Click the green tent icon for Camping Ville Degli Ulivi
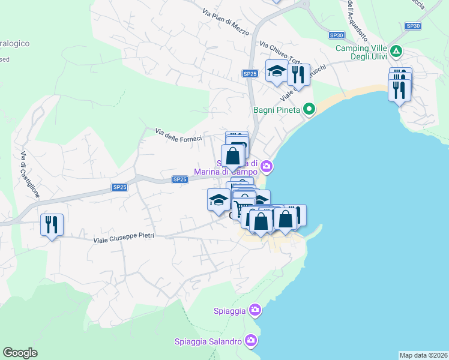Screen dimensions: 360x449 coord(396,52)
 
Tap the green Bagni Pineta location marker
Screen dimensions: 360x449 coord(309,109)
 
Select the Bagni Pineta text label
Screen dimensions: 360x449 coord(276,109)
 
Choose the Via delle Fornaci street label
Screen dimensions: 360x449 coord(178,135)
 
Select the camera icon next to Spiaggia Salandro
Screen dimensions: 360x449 coord(251,341)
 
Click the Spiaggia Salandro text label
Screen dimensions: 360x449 coord(208,341)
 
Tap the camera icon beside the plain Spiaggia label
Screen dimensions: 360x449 coord(255,310)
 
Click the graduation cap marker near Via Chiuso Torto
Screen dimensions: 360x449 coord(277,71)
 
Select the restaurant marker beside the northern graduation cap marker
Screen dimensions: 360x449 coord(298,75)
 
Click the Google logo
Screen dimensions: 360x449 coord(20,353)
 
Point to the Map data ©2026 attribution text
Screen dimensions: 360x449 coord(423,355)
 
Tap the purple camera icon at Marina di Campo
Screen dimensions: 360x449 coord(267,166)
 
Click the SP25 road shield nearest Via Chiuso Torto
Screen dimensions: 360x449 coord(250,73)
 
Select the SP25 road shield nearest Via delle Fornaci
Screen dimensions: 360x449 coord(180,179)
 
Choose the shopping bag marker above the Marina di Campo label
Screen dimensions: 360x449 coord(233,156)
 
